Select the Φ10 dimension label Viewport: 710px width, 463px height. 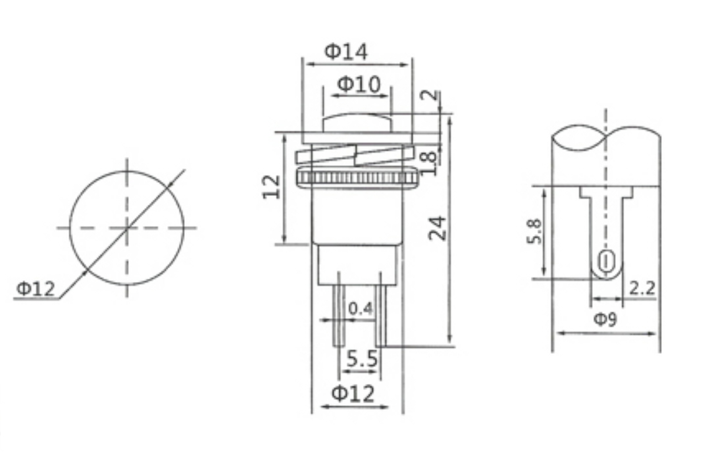pos(358,84)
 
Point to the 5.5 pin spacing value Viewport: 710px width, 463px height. pos(362,359)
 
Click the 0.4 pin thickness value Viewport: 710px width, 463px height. pos(360,308)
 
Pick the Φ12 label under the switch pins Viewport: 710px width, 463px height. pos(353,393)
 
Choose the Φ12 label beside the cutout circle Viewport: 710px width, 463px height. pos(36,288)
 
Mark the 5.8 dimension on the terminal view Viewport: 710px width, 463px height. pos(534,231)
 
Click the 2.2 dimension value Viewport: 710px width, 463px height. pos(642,287)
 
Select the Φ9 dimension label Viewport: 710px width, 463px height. pos(605,320)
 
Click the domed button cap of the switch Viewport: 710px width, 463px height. pos(357,122)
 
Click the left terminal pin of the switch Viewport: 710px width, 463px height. pos(338,309)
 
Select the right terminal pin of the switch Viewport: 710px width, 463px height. pos(380,309)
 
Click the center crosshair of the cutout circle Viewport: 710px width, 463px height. pos(127,228)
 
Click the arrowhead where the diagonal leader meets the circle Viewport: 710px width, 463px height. pos(85,270)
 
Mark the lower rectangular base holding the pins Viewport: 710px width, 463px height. pos(357,264)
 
